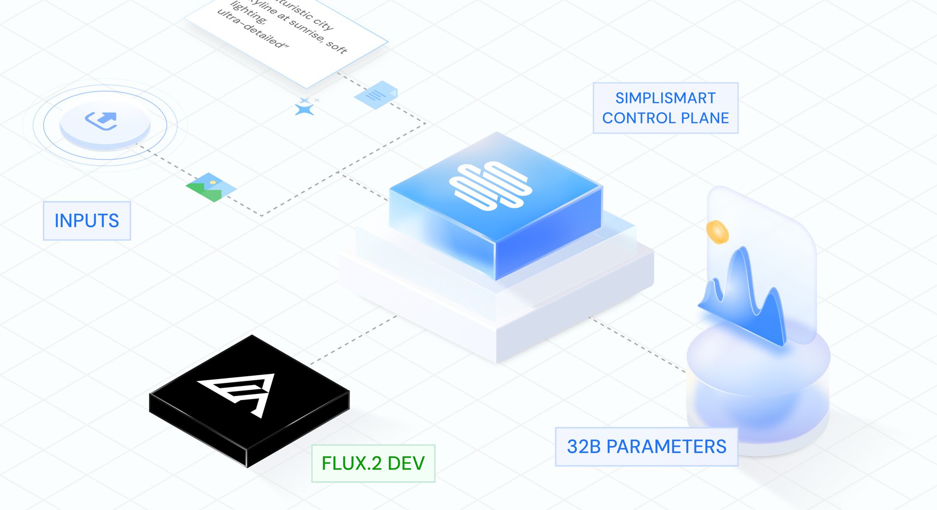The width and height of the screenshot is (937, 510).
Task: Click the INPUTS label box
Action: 87,221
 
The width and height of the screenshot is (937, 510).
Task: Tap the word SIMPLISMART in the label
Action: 665,98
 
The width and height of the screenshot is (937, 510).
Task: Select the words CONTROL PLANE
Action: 665,118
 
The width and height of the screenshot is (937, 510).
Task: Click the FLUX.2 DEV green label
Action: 373,464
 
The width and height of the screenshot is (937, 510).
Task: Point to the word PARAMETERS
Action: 666,447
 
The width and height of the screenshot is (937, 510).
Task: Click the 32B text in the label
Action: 583,447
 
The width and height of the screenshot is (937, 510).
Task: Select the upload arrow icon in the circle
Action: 102,120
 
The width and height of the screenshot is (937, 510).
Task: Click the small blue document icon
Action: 376,95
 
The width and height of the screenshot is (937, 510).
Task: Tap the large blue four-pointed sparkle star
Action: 304,109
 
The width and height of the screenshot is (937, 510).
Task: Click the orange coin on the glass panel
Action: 717,232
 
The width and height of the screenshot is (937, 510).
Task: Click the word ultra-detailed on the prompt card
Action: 253,29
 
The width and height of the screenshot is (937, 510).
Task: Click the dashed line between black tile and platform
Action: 354,340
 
